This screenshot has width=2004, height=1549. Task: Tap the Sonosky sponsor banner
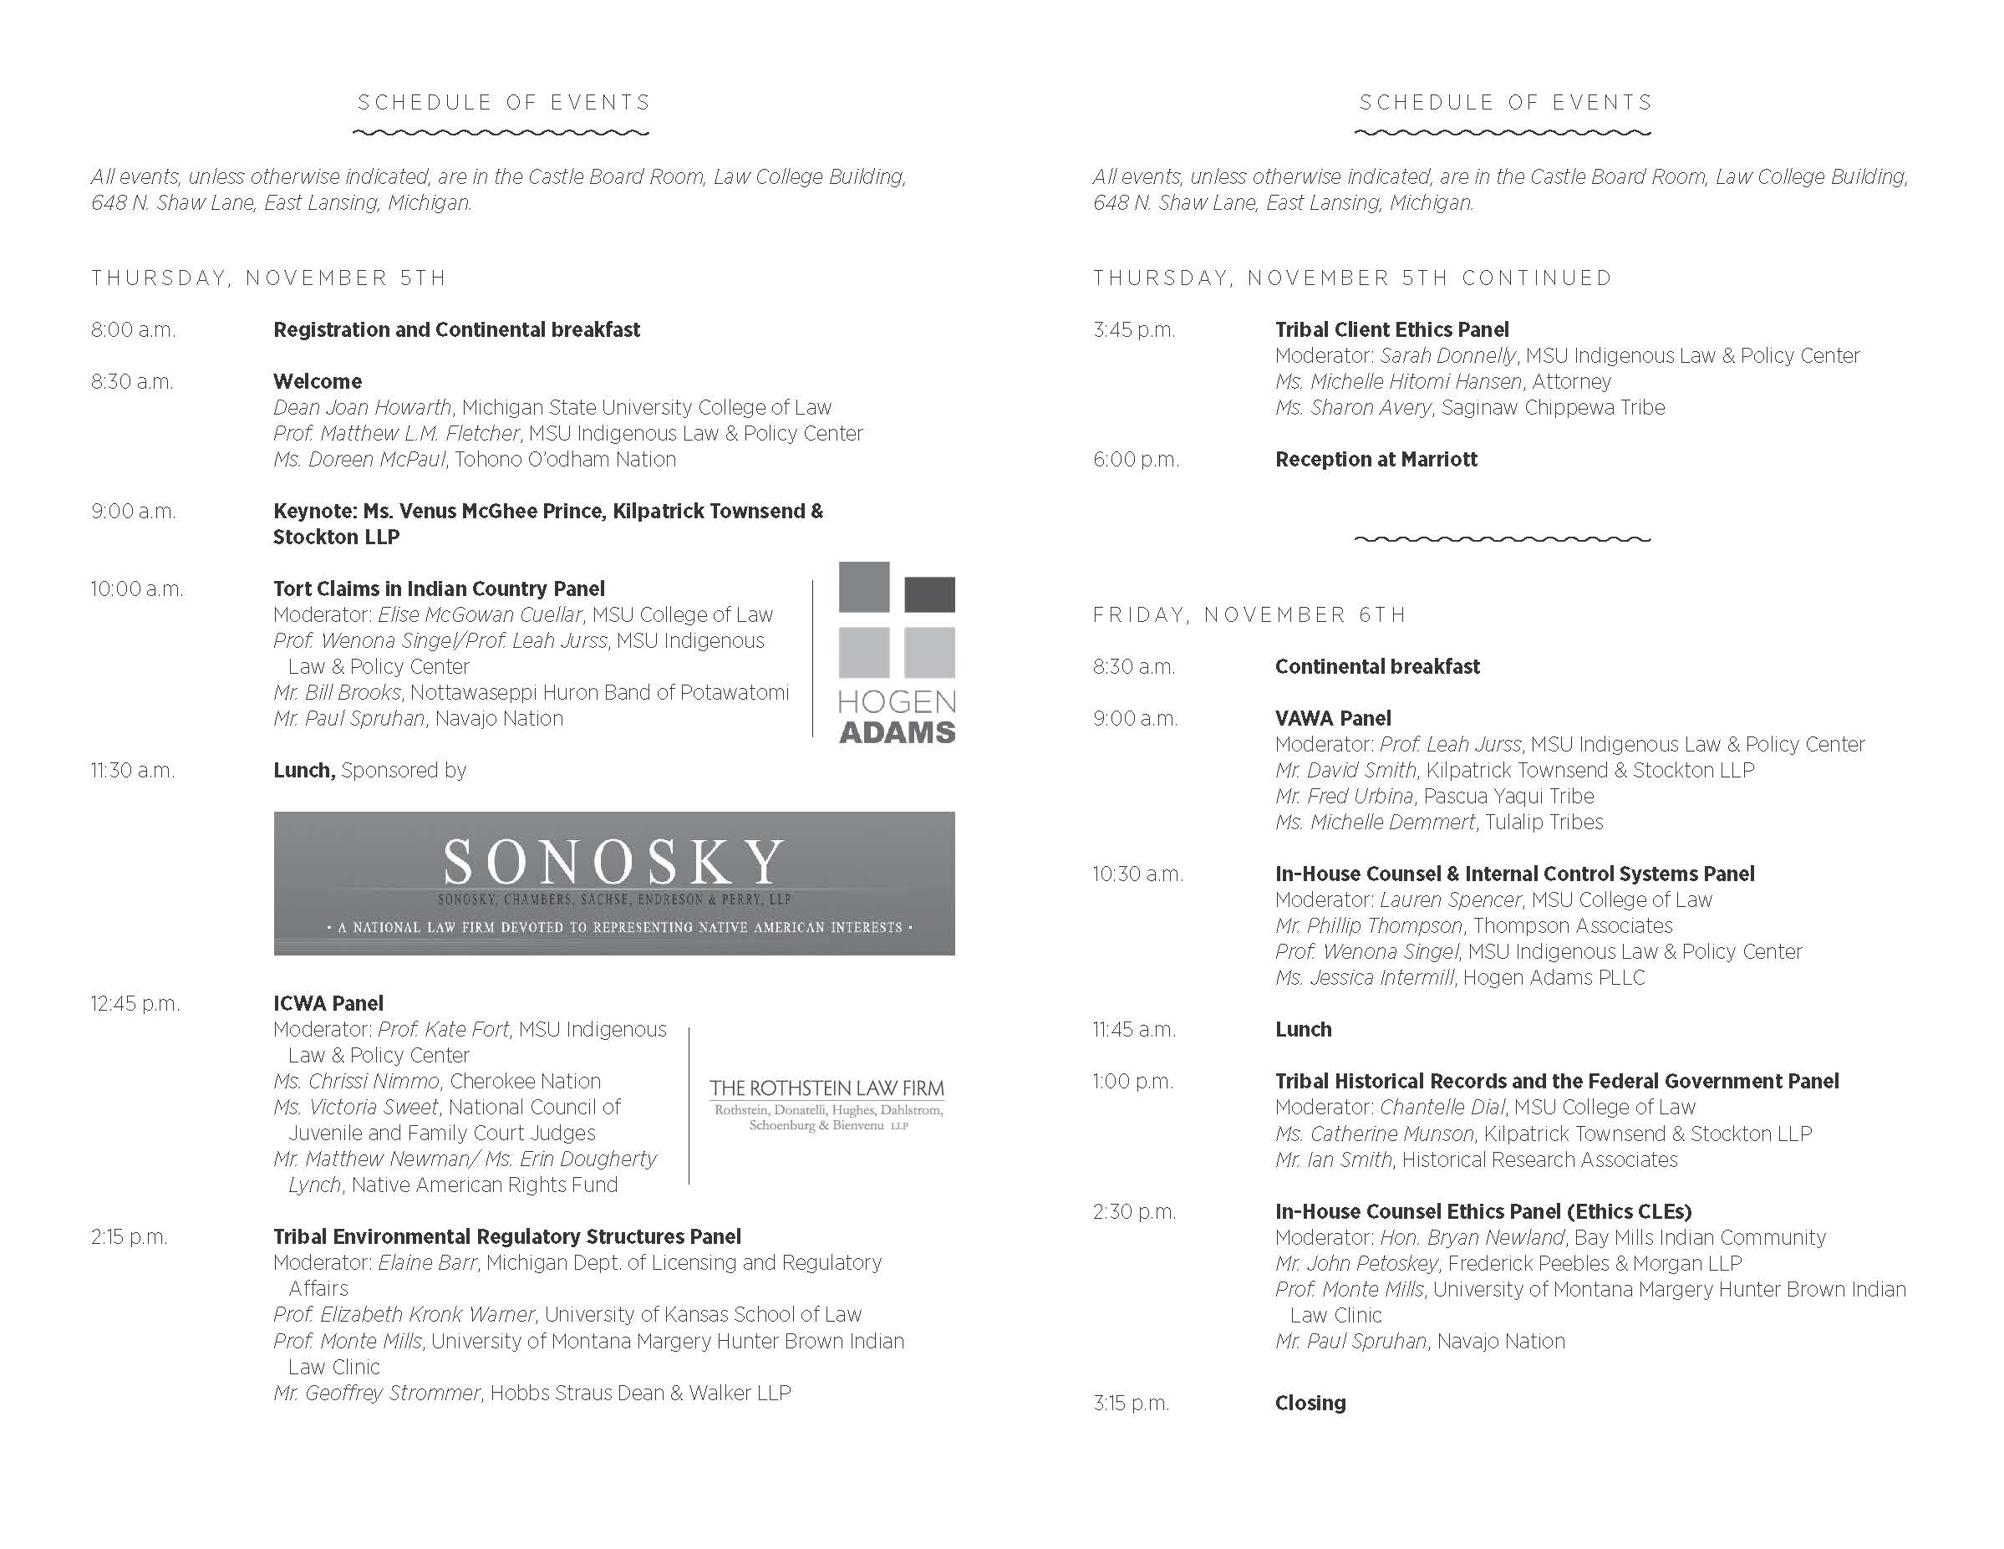614,883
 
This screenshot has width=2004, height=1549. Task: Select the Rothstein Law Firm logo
826,1104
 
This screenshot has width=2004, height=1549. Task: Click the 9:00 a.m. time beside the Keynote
133,511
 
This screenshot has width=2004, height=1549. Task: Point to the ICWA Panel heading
328,1003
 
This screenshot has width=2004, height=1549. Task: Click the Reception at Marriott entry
1376,459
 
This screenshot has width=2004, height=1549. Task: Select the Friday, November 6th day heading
1249,614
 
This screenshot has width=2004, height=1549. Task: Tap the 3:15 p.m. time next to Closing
1131,1403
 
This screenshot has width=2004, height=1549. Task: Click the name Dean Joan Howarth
363,407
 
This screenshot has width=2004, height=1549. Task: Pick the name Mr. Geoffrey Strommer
376,1393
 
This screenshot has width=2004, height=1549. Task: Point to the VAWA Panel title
1332,719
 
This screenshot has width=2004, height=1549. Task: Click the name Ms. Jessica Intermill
1364,977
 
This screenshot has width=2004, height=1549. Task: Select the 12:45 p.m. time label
135,1004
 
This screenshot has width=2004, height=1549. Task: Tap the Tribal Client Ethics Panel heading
1391,329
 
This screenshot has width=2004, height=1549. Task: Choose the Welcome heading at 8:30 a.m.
318,382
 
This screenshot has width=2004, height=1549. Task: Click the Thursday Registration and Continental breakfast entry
456,329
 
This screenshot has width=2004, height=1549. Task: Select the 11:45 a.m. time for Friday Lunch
1132,1030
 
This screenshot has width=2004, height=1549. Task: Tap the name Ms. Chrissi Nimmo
356,1081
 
